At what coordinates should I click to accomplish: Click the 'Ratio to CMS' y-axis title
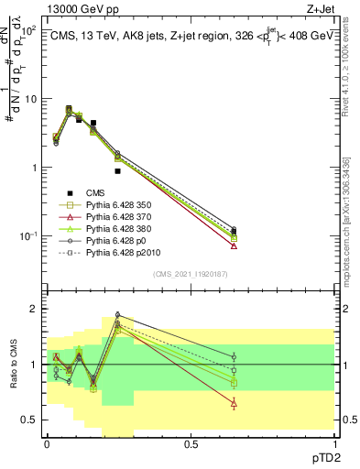click(14, 378)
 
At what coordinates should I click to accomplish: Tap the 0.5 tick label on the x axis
click(190, 442)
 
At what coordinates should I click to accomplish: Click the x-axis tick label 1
click(333, 442)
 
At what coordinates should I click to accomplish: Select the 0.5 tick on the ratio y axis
click(30, 420)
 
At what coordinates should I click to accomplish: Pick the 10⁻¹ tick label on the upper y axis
click(28, 236)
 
